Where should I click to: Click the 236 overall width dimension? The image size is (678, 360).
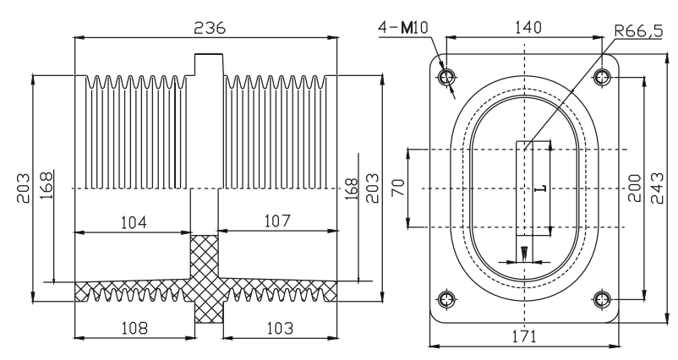pyautogui.click(x=210, y=28)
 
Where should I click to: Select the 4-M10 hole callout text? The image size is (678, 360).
pyautogui.click(x=403, y=28)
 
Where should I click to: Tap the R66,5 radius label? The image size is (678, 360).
pyautogui.click(x=638, y=31)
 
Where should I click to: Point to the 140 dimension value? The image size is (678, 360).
pyautogui.click(x=528, y=28)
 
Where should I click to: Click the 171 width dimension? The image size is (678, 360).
pyautogui.click(x=523, y=336)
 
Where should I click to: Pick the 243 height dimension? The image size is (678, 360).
pyautogui.click(x=657, y=188)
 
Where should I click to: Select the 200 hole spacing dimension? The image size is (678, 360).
pyautogui.click(x=634, y=188)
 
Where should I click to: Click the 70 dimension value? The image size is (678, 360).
pyautogui.click(x=398, y=187)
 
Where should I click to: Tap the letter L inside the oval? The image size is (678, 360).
pyautogui.click(x=541, y=188)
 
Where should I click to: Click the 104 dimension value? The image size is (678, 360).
pyautogui.click(x=134, y=222)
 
